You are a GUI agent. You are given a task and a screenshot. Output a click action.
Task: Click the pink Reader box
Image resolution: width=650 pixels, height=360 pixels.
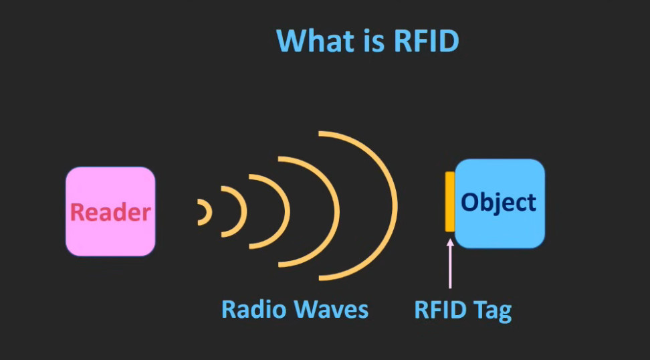tap(110, 211)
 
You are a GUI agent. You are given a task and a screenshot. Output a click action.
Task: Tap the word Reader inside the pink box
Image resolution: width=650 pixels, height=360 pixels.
tap(110, 212)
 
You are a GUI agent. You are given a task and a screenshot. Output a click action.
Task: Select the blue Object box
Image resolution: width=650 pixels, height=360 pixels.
tap(500, 203)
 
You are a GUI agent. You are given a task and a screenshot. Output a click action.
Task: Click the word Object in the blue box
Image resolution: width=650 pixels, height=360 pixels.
tap(499, 203)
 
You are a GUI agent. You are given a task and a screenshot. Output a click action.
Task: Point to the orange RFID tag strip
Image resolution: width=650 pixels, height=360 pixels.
tap(450, 201)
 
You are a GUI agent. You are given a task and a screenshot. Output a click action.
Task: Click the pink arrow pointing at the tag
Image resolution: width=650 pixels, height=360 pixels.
tap(450, 264)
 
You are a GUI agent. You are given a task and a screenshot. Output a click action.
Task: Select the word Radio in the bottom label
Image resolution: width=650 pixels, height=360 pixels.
tap(249, 309)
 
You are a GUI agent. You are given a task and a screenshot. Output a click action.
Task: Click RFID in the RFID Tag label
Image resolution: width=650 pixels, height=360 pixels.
tap(441, 309)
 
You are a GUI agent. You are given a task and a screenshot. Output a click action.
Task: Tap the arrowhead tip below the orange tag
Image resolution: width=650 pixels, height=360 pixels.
tap(450, 240)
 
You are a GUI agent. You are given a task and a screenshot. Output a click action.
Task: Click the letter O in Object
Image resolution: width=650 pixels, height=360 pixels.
tap(470, 203)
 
